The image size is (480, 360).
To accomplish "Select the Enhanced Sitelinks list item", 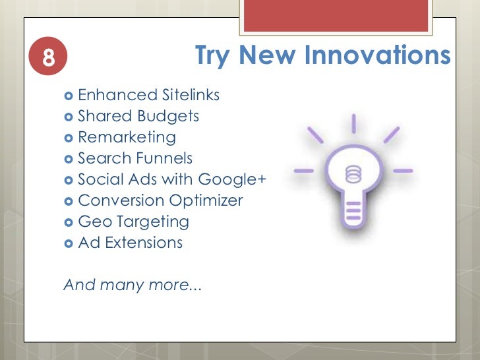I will tap(148, 96).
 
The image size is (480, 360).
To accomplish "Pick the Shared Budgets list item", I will tap(138, 117).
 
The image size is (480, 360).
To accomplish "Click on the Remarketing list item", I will tap(127, 137).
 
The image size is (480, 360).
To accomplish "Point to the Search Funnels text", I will tap(135, 158).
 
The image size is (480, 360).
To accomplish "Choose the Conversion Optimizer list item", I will tap(160, 200).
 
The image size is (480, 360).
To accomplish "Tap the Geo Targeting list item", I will tap(133, 222).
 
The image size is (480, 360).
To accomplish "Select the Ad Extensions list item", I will tap(130, 243).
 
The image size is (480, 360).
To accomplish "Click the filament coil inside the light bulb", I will tap(353, 175).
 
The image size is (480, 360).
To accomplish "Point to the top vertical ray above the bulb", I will tap(353, 123).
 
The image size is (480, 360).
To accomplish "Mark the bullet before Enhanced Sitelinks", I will tap(69, 96).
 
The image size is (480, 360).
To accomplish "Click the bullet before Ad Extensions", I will tap(69, 243).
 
